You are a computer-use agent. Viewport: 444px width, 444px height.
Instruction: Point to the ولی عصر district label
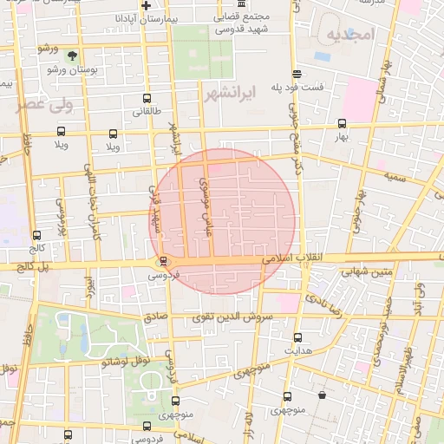click(40, 106)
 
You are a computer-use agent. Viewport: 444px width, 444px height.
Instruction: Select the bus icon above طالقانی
click(147, 99)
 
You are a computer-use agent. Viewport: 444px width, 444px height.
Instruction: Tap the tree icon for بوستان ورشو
click(72, 55)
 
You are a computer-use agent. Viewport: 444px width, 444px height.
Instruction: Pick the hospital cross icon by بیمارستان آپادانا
click(147, 6)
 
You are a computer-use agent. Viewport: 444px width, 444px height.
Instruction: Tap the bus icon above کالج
click(36, 235)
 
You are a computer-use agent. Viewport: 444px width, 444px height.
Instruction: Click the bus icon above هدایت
click(298, 337)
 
